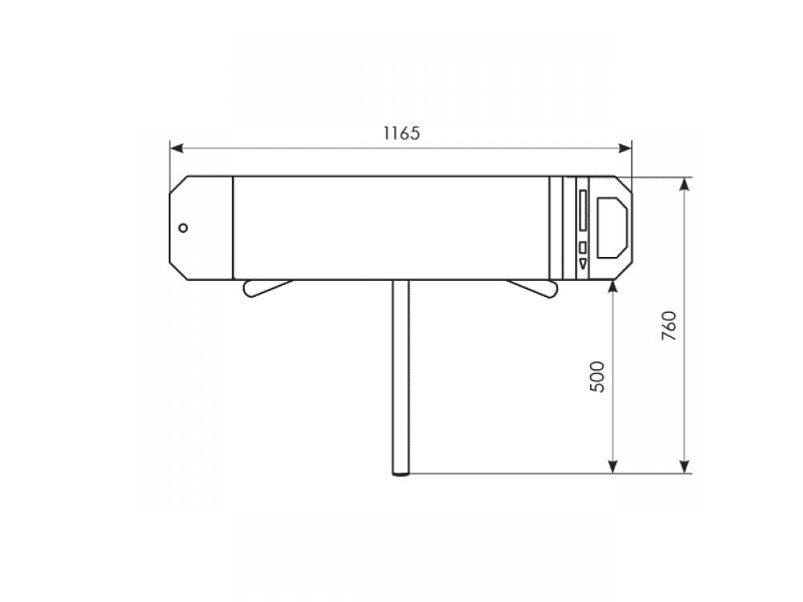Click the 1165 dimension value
click(x=401, y=133)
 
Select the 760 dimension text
click(x=669, y=326)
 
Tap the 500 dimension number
click(x=597, y=376)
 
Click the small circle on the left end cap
click(x=183, y=228)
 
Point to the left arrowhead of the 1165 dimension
click(x=177, y=148)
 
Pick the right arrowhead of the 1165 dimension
click(x=626, y=148)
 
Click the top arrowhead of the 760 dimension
click(x=684, y=184)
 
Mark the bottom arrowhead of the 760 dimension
click(x=684, y=466)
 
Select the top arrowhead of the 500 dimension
click(x=613, y=287)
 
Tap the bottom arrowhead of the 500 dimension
click(x=613, y=466)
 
